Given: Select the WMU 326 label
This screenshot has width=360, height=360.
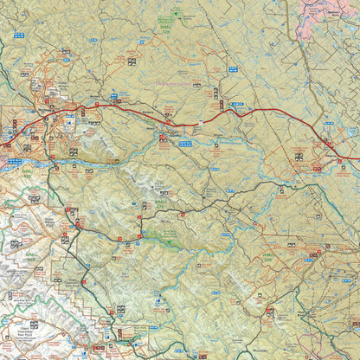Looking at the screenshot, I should [268, 256].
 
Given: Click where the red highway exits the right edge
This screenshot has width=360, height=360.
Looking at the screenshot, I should [357, 159].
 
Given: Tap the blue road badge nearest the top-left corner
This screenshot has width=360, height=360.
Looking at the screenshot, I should [20, 35].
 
